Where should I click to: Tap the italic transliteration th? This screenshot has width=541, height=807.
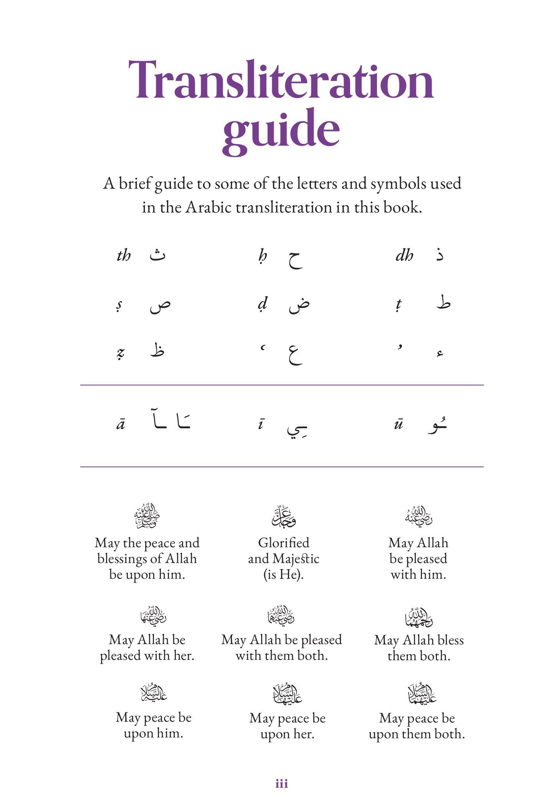pyautogui.click(x=124, y=256)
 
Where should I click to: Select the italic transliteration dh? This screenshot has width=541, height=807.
pyautogui.click(x=404, y=256)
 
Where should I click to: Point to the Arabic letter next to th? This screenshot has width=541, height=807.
pyautogui.click(x=157, y=255)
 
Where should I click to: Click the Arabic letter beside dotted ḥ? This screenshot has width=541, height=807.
pyautogui.click(x=295, y=259)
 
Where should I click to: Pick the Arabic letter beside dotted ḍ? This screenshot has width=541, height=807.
pyautogui.click(x=299, y=305)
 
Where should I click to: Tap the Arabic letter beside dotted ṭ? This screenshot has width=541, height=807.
pyautogui.click(x=443, y=302)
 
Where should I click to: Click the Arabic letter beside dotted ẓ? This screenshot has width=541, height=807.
pyautogui.click(x=157, y=350)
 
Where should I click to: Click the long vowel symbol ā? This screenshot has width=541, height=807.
pyautogui.click(x=121, y=424)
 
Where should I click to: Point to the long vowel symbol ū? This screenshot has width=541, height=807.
pyautogui.click(x=399, y=424)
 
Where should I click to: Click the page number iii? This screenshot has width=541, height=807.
pyautogui.click(x=281, y=784)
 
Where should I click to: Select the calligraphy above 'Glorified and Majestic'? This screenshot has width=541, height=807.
pyautogui.click(x=284, y=516)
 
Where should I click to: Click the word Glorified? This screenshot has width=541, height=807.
pyautogui.click(x=284, y=543)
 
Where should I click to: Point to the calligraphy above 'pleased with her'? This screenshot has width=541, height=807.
pyautogui.click(x=153, y=615)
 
